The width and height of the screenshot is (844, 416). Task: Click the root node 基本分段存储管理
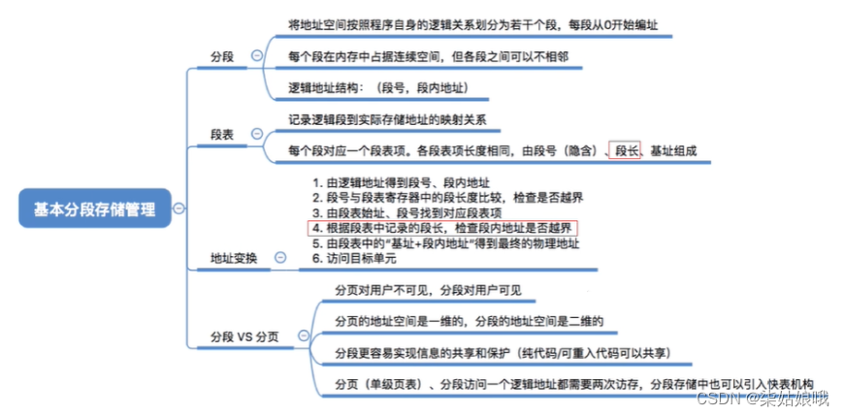pyautogui.click(x=94, y=208)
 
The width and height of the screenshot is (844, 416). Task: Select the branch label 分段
pyautogui.click(x=223, y=56)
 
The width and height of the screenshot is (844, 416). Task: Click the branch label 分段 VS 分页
pyautogui.click(x=244, y=336)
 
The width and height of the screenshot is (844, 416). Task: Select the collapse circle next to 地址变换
pyautogui.click(x=280, y=258)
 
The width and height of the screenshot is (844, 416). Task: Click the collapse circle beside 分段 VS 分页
pyautogui.click(x=303, y=336)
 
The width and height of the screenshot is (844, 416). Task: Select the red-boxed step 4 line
pyautogui.click(x=442, y=228)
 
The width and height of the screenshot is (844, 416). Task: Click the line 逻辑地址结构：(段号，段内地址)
pyautogui.click(x=378, y=87)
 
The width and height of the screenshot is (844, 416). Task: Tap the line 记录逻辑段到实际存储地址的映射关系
pyautogui.click(x=387, y=121)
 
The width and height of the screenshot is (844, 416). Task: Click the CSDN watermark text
pyautogui.click(x=775, y=398)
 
